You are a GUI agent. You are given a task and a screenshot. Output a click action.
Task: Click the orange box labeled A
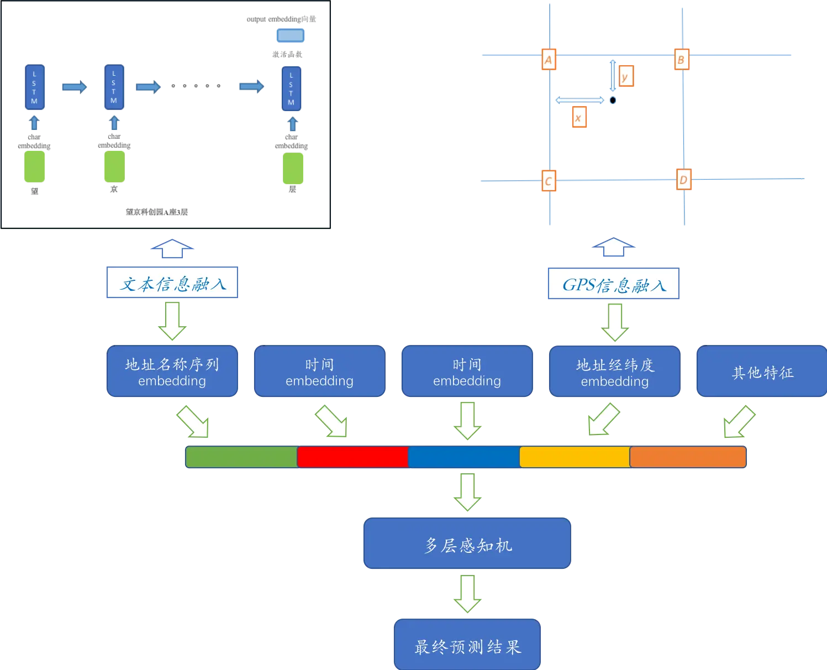549,59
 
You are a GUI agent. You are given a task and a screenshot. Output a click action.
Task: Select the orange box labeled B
682,59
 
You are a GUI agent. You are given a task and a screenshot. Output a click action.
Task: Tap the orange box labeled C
549,181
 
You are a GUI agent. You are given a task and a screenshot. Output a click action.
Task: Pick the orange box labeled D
684,180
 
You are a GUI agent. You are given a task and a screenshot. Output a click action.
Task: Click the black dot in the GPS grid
613,100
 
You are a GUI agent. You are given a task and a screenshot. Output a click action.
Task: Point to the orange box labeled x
580,117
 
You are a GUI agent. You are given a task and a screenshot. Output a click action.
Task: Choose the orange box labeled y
626,76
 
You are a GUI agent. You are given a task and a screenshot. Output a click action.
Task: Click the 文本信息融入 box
172,282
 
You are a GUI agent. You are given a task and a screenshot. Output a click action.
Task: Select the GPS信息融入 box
613,284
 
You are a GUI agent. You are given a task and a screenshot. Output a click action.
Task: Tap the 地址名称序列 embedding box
172,371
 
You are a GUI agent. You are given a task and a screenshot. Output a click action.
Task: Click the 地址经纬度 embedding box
615,371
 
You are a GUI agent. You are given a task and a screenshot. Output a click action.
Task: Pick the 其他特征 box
762,371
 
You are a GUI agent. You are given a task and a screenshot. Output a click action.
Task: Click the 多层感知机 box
467,543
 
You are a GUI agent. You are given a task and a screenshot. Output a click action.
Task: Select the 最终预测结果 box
467,645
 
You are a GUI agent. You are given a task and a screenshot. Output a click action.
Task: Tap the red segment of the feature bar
352,457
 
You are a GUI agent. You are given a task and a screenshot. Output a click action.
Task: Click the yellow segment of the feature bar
575,457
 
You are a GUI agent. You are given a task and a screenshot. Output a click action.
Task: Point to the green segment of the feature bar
241,457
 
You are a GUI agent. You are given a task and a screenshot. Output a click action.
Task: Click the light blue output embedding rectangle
291,35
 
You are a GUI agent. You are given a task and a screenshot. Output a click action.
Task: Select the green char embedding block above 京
114,166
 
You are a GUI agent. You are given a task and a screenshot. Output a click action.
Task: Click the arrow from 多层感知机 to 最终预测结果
467,594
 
